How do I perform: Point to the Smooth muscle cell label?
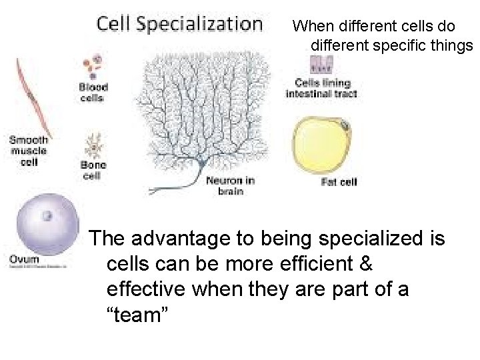coord(28,150)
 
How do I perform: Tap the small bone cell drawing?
coord(92,145)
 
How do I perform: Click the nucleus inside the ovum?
coord(48,216)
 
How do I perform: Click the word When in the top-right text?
coord(312,27)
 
